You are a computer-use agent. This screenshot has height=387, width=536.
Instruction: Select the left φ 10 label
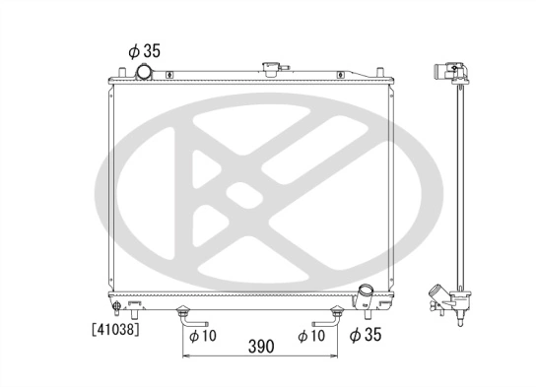click(203, 336)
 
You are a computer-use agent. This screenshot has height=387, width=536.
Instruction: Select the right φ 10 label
click(312, 336)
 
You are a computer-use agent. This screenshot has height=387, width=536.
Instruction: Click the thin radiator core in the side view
click(458, 187)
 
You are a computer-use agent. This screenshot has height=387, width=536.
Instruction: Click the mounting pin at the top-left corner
click(118, 69)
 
